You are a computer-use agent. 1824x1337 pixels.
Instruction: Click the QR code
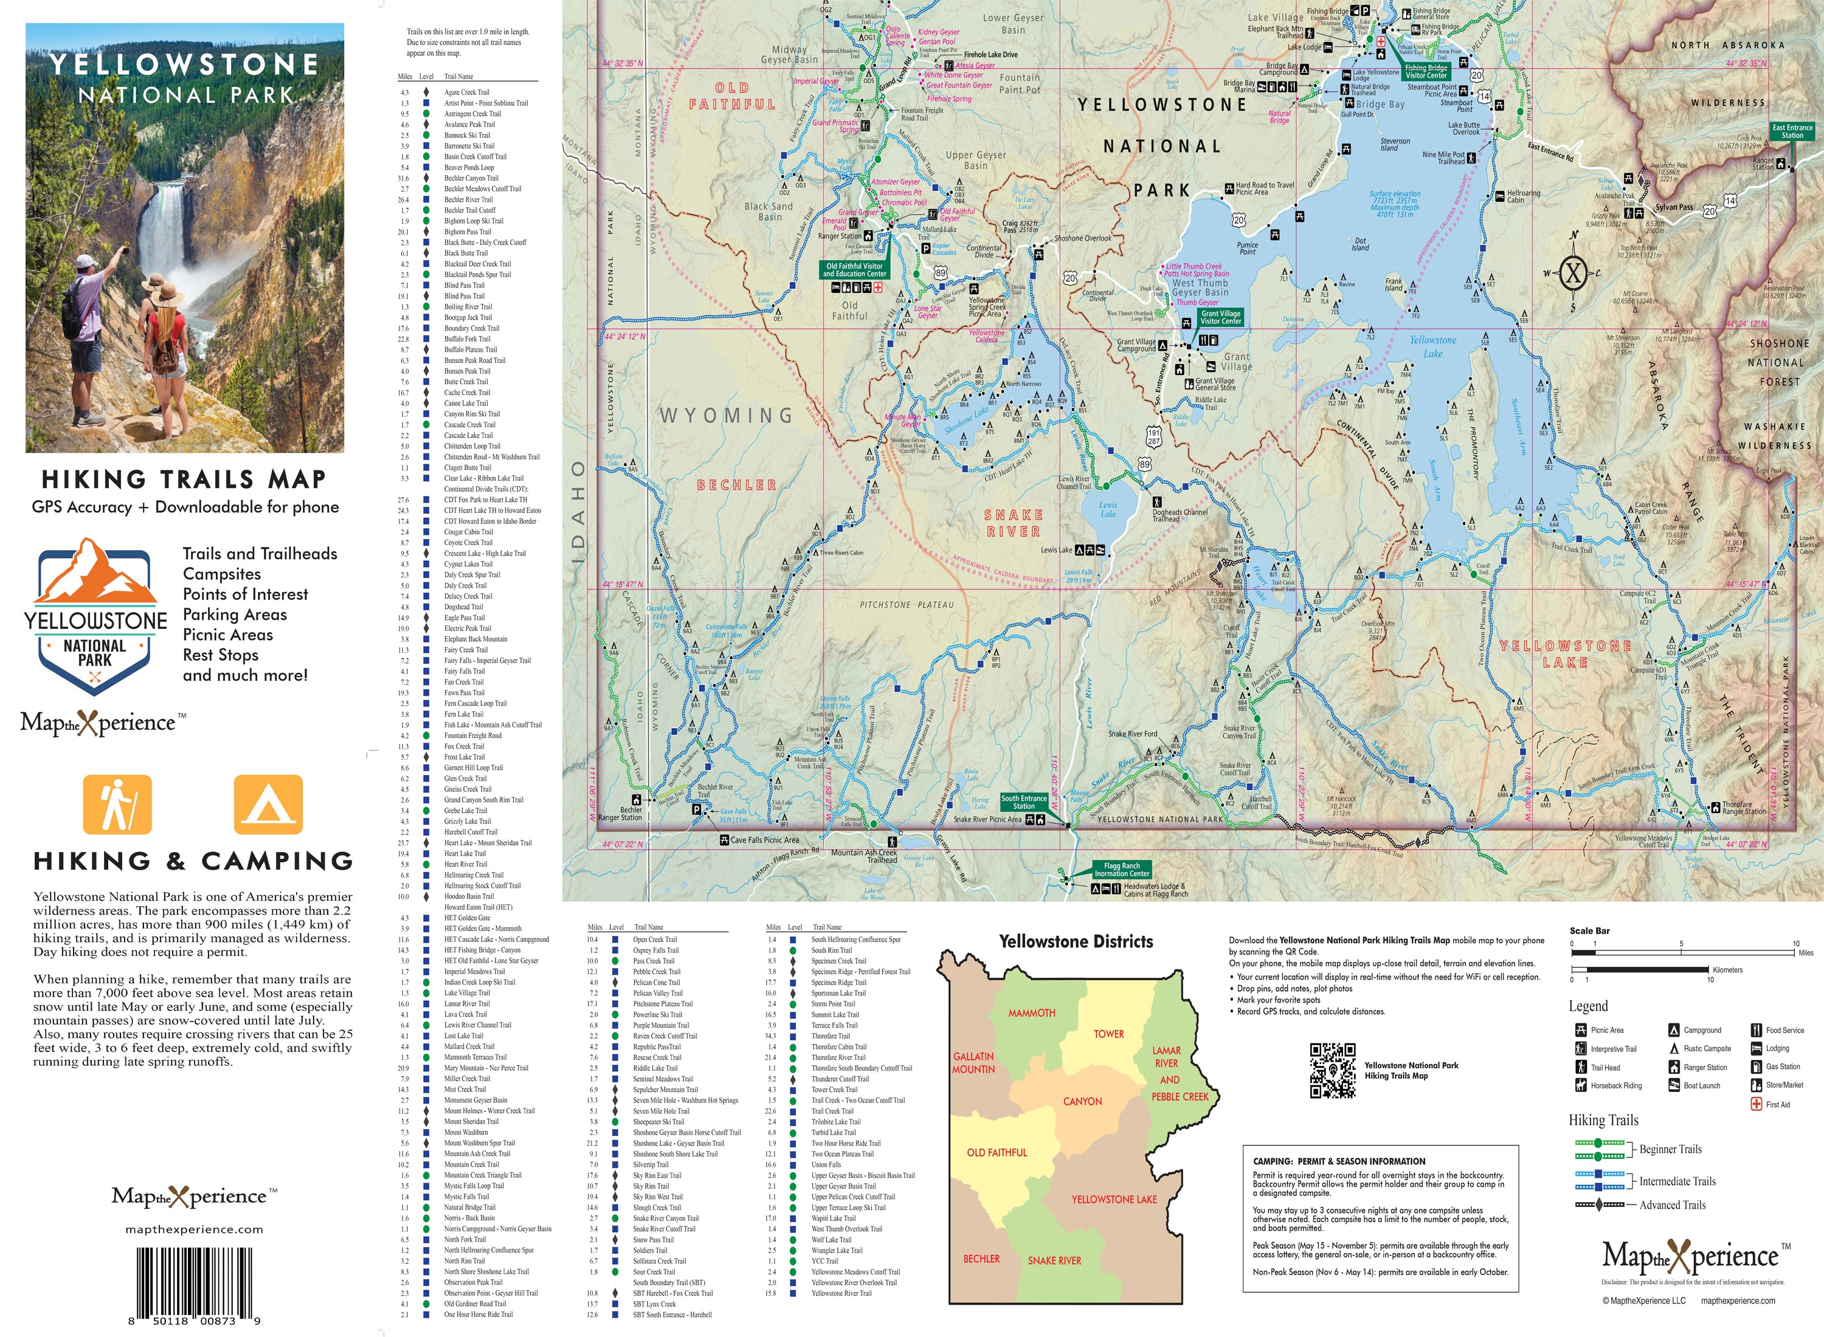pyautogui.click(x=1333, y=1071)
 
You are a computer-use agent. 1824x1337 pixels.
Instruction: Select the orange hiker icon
pyautogui.click(x=117, y=805)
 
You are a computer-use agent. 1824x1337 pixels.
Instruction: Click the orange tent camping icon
pyautogui.click(x=268, y=805)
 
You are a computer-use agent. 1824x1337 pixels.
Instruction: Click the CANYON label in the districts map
pyautogui.click(x=1082, y=1101)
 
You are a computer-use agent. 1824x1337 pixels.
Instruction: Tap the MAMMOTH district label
pyautogui.click(x=1031, y=1013)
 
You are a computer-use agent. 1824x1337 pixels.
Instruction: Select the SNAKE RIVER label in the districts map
pyautogui.click(x=1054, y=1260)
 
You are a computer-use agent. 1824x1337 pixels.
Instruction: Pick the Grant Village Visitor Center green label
pyautogui.click(x=1220, y=317)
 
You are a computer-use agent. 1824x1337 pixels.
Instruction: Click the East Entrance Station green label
pyautogui.click(x=1792, y=131)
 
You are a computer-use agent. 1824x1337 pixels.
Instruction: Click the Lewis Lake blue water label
pyautogui.click(x=1108, y=509)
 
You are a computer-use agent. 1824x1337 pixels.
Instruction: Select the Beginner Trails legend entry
pyautogui.click(x=1670, y=1149)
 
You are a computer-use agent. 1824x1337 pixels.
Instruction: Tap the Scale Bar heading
pyautogui.click(x=1589, y=930)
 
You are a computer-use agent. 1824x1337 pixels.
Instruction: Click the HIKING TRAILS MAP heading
pyautogui.click(x=184, y=480)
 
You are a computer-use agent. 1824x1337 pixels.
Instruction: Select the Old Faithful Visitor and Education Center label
pyautogui.click(x=854, y=269)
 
